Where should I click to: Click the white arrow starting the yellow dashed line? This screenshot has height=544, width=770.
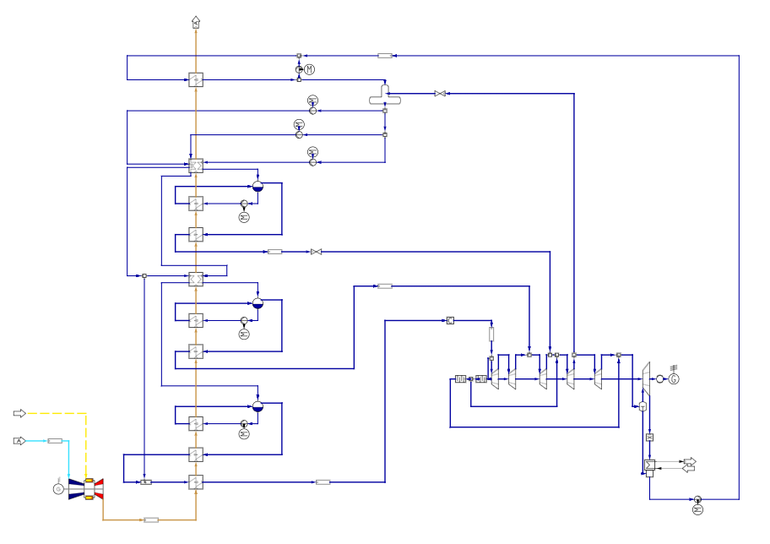coord(19,413)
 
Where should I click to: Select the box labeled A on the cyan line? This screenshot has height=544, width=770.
coord(19,441)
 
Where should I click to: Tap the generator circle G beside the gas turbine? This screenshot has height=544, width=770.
coord(58,489)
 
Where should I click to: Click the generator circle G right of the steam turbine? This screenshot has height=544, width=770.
coord(674,379)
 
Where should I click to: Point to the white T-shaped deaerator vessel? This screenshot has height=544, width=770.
coord(385,97)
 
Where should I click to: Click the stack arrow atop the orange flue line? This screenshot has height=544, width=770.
coord(196,22)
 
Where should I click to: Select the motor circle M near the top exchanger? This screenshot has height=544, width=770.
coord(309,69)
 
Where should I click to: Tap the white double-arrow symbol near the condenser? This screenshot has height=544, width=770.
coord(689,465)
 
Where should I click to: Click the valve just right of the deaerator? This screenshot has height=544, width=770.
coord(440,94)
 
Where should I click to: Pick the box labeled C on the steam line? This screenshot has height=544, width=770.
coord(450,320)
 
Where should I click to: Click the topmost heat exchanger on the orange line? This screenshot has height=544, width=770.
coord(196,79)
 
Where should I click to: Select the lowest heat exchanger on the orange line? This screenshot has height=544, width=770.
coord(196,482)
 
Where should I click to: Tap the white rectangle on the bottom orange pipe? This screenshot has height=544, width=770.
coord(151,520)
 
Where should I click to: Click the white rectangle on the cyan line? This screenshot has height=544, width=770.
coord(55,441)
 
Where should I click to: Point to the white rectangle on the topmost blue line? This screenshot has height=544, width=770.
coord(385,56)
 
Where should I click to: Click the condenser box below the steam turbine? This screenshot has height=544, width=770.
coord(649,465)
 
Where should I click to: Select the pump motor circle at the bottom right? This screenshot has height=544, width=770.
coord(697,509)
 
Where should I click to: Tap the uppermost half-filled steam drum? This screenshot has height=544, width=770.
coord(258,186)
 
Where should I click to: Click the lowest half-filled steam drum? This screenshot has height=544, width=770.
coord(258,405)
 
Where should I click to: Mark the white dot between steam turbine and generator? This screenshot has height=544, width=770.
coord(660,379)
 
